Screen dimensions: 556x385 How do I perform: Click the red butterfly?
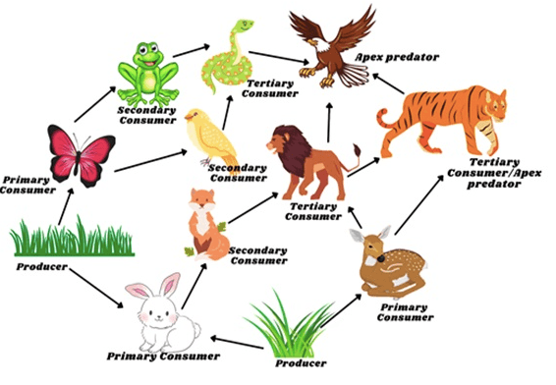point(82,156)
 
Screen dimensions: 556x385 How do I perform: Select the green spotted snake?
point(227,59)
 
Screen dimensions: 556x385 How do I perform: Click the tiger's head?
point(496,103)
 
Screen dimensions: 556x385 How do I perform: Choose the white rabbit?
point(162,313)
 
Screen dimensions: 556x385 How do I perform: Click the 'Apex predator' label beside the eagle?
point(397,57)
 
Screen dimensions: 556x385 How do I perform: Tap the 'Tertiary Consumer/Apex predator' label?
point(494,173)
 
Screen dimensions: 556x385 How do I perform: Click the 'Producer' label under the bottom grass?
point(301,363)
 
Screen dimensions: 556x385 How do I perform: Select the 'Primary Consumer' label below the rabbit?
point(163,357)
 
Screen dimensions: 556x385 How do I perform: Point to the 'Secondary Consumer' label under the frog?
point(147,115)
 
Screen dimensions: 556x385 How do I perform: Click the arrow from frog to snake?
point(192,51)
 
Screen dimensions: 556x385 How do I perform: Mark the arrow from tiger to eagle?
point(389,83)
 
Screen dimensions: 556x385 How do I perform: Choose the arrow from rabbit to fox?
point(194,286)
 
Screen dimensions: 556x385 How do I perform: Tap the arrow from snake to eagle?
point(279,58)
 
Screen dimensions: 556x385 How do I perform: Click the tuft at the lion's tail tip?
point(357,150)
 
